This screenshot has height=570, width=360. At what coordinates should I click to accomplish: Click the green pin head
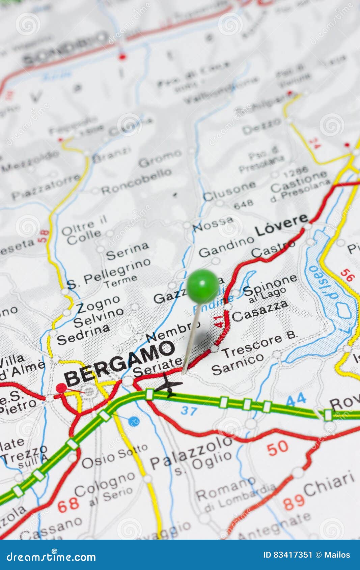point(202,286)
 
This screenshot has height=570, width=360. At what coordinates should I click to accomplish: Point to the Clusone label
point(229,191)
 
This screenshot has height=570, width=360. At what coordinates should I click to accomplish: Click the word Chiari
point(329,484)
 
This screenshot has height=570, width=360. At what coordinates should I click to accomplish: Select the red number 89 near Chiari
point(294,503)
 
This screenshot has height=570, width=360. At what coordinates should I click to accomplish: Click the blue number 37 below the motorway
point(189,410)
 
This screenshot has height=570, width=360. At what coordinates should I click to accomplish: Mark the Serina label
point(127,251)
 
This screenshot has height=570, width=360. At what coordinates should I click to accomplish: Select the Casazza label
point(260,311)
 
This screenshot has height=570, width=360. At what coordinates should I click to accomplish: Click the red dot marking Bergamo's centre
point(61,388)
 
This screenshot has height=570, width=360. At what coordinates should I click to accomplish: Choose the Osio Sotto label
point(114,457)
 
